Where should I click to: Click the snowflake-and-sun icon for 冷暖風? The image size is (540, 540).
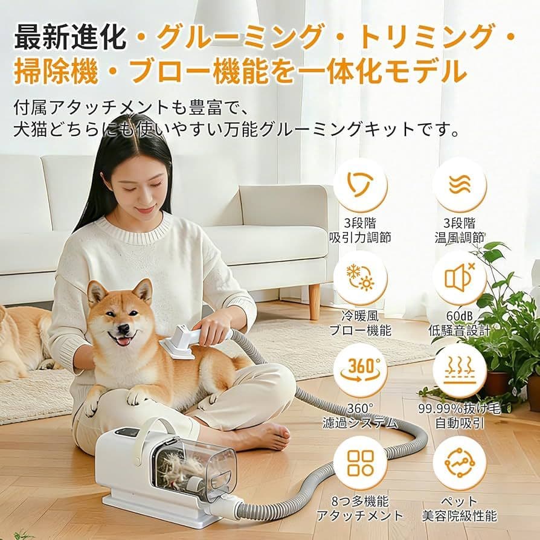361,277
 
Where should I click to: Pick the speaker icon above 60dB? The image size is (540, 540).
460,277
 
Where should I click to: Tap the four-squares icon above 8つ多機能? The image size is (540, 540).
361,463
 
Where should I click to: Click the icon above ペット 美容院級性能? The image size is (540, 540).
460,463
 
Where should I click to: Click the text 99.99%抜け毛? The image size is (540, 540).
460,409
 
